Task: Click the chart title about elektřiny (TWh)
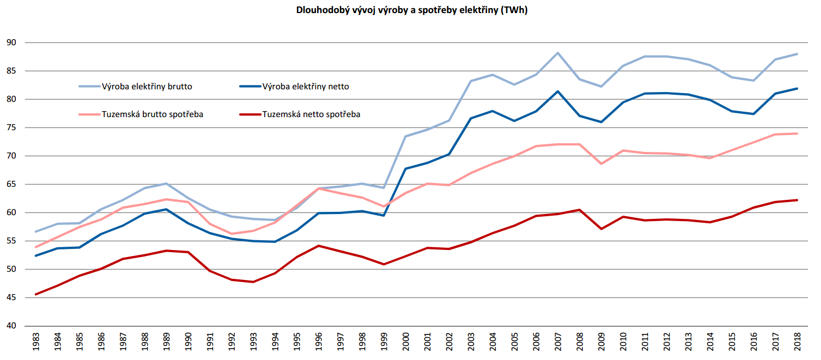pyautogui.click(x=411, y=10)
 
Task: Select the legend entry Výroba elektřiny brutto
pyautogui.click(x=147, y=86)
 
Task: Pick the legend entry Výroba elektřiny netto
pyautogui.click(x=306, y=86)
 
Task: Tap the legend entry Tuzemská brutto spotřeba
pyautogui.click(x=153, y=114)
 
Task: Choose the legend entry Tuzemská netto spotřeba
pyautogui.click(x=311, y=114)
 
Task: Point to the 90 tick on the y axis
pyautogui.click(x=11, y=42)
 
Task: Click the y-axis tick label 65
pyautogui.click(x=11, y=184)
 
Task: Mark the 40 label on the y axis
pyautogui.click(x=11, y=326)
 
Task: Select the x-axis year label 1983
pyautogui.click(x=35, y=343)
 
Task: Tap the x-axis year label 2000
pyautogui.click(x=406, y=343)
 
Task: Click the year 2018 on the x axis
pyautogui.click(x=797, y=343)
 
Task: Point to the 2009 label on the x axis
pyautogui.click(x=601, y=343)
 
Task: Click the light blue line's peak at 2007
pyautogui.click(x=558, y=53)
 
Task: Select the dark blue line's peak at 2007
pyautogui.click(x=558, y=91)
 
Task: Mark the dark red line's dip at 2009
pyautogui.click(x=601, y=229)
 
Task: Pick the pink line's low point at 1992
pyautogui.click(x=232, y=234)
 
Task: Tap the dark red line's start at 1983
pyautogui.click(x=35, y=294)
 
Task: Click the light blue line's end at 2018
pyautogui.click(x=797, y=54)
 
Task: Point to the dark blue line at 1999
pyautogui.click(x=384, y=215)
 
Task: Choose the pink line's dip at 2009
pyautogui.click(x=601, y=163)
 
